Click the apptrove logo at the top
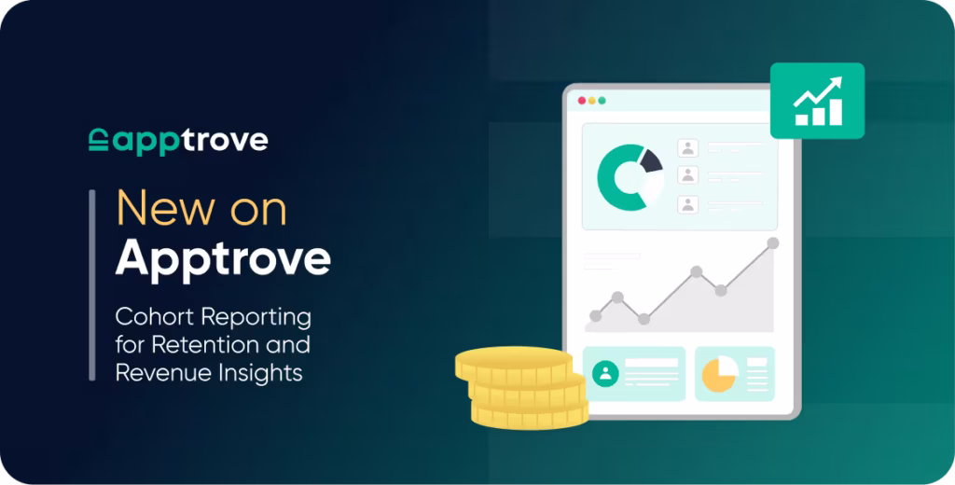178,141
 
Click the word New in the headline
159,209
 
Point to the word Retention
197,344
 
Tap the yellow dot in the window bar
592,101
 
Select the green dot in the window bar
602,101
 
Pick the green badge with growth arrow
817,101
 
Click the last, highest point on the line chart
772,243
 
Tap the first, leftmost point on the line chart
596,316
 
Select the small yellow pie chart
719,374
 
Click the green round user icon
606,374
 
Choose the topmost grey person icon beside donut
688,147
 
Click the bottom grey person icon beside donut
688,204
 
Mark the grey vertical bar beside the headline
91,284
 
